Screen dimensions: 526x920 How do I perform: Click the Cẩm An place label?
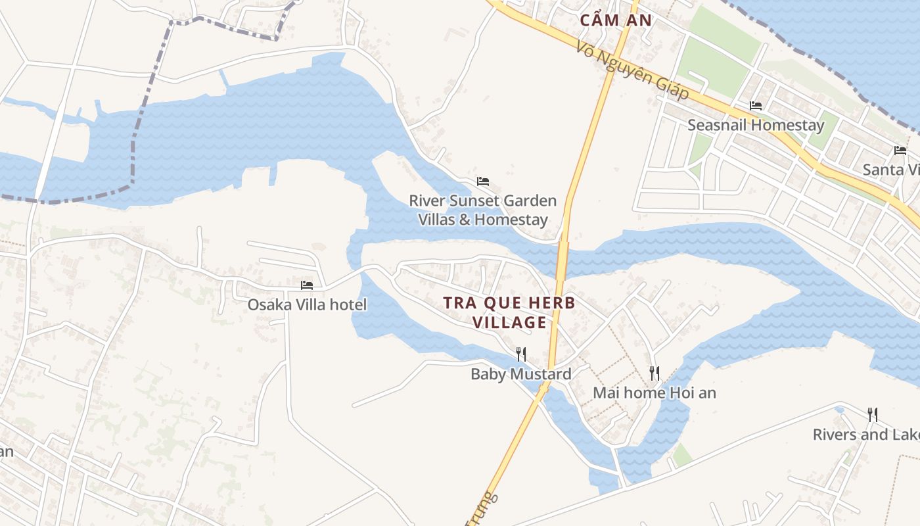pyautogui.click(x=616, y=20)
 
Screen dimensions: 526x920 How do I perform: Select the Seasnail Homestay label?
pyautogui.click(x=755, y=125)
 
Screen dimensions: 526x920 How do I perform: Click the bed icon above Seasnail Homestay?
pyautogui.click(x=756, y=105)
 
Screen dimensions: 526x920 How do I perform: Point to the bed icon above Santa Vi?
pyautogui.click(x=900, y=150)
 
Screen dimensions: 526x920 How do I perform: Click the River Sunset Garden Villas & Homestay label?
pyautogui.click(x=483, y=210)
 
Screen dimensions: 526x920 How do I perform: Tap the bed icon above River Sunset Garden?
pyautogui.click(x=483, y=181)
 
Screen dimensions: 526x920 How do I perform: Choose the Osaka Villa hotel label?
pyautogui.click(x=307, y=304)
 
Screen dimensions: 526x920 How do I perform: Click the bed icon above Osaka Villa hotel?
pyautogui.click(x=307, y=285)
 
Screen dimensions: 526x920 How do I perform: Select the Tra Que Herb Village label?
pyautogui.click(x=509, y=312)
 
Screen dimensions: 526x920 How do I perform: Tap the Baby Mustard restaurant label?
pyautogui.click(x=520, y=374)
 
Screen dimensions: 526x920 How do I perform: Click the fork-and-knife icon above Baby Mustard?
pyautogui.click(x=520, y=354)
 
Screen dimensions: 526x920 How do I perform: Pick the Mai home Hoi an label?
pyautogui.click(x=655, y=393)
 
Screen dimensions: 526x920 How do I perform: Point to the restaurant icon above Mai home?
pyautogui.click(x=654, y=373)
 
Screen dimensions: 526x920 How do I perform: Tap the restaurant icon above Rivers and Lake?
pyautogui.click(x=872, y=414)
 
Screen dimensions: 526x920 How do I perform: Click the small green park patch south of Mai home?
pyautogui.click(x=682, y=455)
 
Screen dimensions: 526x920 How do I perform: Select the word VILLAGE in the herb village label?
pyautogui.click(x=509, y=322)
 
